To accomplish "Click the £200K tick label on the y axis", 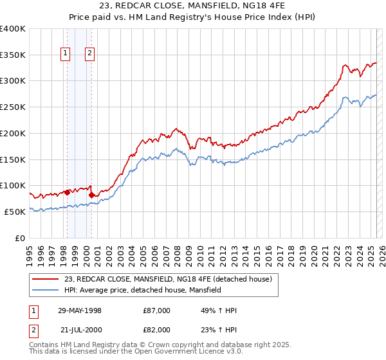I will tap(12, 133).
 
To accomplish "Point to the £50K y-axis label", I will tap(15, 212).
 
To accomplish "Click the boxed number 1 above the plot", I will tap(66, 54).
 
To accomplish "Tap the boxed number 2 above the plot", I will tap(89, 54).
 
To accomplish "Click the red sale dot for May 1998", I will tap(68, 192).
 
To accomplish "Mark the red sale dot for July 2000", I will tap(92, 195).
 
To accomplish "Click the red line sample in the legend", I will tap(45, 279).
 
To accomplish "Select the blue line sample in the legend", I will tap(45, 290).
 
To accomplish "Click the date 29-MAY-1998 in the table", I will tap(80, 310).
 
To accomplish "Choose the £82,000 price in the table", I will tap(157, 330).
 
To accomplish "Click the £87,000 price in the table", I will tap(157, 310).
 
